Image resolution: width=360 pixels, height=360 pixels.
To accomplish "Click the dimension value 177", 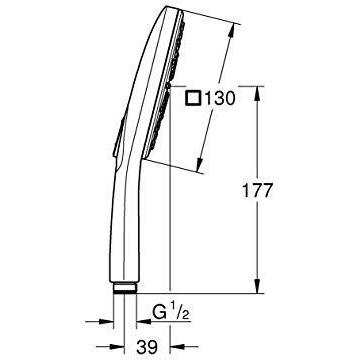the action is click(x=257, y=191).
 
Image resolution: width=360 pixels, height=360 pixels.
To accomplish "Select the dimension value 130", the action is click(x=220, y=98).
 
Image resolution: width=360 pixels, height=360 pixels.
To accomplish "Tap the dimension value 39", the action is click(x=147, y=348).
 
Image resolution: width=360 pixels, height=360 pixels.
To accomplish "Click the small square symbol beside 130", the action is click(x=194, y=99).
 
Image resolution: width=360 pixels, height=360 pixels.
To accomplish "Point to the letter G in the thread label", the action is click(x=159, y=313).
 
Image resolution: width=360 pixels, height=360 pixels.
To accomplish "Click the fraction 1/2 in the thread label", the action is click(x=180, y=313).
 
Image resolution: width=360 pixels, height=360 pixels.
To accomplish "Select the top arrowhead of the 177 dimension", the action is click(x=258, y=93).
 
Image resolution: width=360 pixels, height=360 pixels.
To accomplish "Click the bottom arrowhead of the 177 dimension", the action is click(x=258, y=286).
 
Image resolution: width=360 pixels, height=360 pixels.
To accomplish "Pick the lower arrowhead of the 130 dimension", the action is click(x=200, y=165).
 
